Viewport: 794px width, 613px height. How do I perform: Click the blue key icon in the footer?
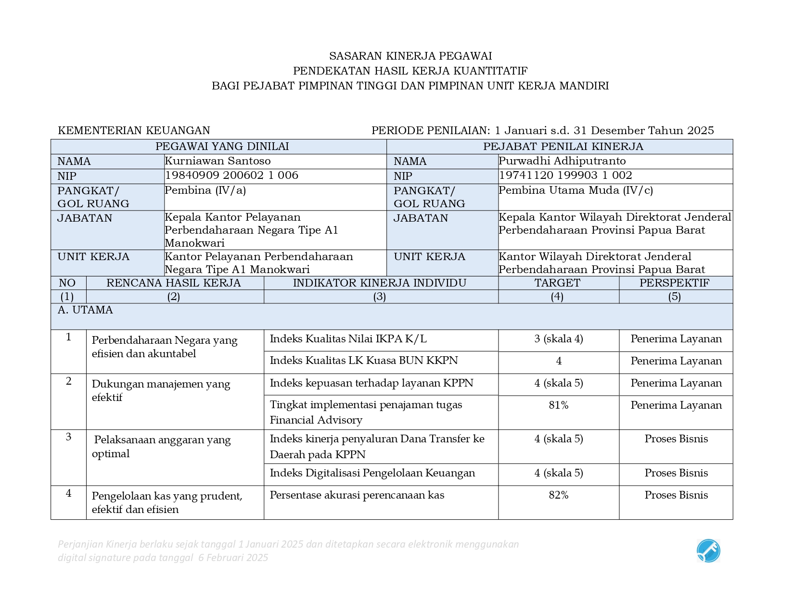coord(708,551)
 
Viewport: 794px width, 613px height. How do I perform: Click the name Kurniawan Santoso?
coord(218,161)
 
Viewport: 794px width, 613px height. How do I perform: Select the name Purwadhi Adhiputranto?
coord(562,161)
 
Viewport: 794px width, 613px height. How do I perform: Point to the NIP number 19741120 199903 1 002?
coord(565,175)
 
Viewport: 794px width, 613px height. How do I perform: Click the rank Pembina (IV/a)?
coord(205,190)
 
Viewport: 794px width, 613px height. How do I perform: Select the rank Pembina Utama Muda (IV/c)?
coord(576,190)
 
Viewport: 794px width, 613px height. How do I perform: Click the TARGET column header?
coord(557,283)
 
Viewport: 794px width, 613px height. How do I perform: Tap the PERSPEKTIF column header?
coord(674,283)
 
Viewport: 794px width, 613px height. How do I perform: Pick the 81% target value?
coord(558,405)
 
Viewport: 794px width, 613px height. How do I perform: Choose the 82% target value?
coord(558,495)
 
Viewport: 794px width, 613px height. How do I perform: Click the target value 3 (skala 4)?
coord(558,339)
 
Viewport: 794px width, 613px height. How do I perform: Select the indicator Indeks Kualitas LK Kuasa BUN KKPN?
coord(364,361)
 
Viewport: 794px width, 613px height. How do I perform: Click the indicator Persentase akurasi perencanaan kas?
coord(357,495)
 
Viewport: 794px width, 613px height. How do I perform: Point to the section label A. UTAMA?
coord(85,310)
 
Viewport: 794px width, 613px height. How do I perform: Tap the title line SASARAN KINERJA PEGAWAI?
coord(410,56)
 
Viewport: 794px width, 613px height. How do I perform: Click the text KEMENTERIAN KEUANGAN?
coord(134,131)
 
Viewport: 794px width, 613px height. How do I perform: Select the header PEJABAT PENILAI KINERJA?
coord(563,147)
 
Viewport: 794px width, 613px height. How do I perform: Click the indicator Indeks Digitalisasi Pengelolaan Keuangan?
coord(372,473)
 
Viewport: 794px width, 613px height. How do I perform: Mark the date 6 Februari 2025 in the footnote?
coord(233,558)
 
